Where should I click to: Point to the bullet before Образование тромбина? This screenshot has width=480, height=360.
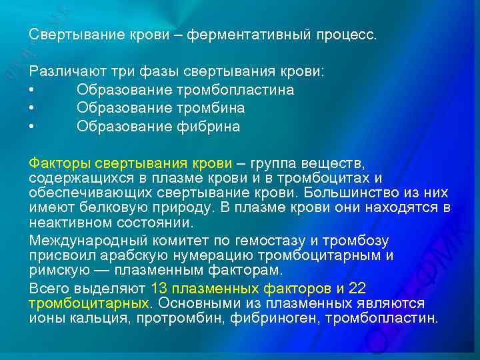[x=31, y=108]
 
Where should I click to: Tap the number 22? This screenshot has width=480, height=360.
[x=357, y=288]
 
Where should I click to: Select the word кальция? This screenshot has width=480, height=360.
[x=101, y=318]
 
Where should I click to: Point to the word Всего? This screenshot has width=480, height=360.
[x=47, y=288]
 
